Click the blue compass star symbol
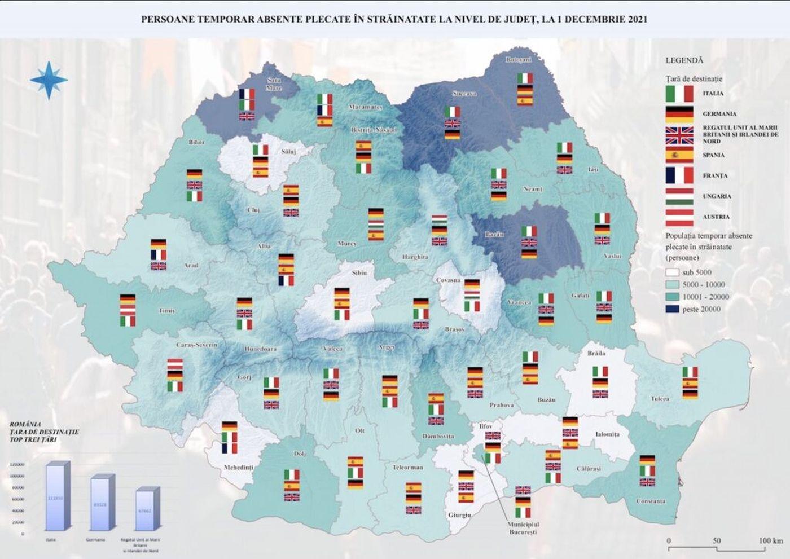pyautogui.click(x=49, y=80)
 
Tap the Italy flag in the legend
pyautogui.click(x=679, y=94)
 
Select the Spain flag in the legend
pyautogui.click(x=679, y=155)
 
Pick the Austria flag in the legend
pyautogui.click(x=679, y=217)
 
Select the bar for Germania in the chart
pyautogui.click(x=102, y=504)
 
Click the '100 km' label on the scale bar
pyautogui.click(x=771, y=540)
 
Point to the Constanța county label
pyautogui.click(x=651, y=501)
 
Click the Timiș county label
pyautogui.click(x=166, y=311)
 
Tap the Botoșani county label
pyautogui.click(x=518, y=60)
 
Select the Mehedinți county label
pyautogui.click(x=238, y=468)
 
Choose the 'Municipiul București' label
pyautogui.click(x=523, y=528)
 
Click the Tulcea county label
pyautogui.click(x=660, y=399)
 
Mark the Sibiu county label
pyautogui.click(x=359, y=273)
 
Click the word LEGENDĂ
pyautogui.click(x=684, y=60)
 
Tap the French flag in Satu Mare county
pyautogui.click(x=247, y=94)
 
